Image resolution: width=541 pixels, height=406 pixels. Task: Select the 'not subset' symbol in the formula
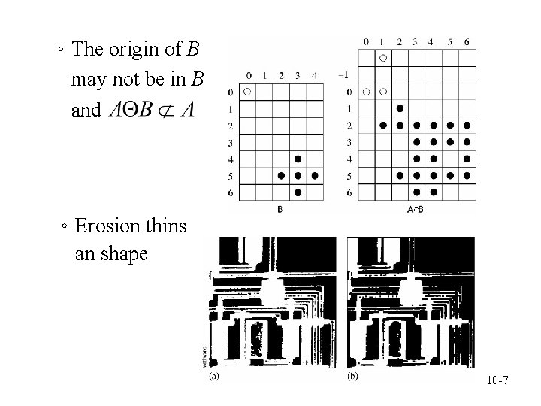click(167, 110)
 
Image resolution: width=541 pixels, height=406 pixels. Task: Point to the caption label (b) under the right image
click(352, 376)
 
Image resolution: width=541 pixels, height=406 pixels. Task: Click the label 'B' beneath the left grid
click(280, 210)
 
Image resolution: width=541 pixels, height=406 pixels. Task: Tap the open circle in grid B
click(247, 92)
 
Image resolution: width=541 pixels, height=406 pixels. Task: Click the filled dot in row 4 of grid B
click(298, 159)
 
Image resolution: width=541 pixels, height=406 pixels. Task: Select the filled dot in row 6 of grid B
click(298, 192)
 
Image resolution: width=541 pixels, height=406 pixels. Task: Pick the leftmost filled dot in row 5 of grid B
click(281, 176)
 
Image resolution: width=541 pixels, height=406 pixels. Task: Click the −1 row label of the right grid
click(344, 74)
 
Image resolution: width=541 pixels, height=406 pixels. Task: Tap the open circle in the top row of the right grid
click(383, 57)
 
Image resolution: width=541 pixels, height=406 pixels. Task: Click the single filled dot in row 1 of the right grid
click(400, 108)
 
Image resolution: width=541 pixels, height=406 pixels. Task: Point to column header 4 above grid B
click(314, 74)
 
